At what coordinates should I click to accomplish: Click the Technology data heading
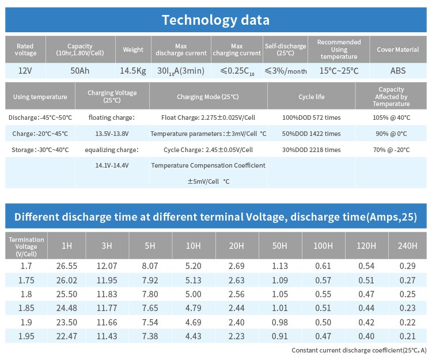[x=215, y=20]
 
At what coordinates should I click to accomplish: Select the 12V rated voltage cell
[x=25, y=70]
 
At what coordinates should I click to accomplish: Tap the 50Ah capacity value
[x=80, y=70]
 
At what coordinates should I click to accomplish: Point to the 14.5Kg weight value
[x=133, y=70]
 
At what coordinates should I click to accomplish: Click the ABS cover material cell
[x=397, y=70]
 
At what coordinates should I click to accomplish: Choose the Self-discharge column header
[x=285, y=50]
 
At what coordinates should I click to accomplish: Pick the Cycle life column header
[x=312, y=97]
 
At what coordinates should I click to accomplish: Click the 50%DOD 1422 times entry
[x=312, y=134]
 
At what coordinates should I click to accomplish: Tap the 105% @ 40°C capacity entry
[x=391, y=118]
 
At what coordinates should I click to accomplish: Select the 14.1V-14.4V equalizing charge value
[x=112, y=165]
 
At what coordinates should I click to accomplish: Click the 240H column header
[x=407, y=246]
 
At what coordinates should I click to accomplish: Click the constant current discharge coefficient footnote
[x=359, y=350]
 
